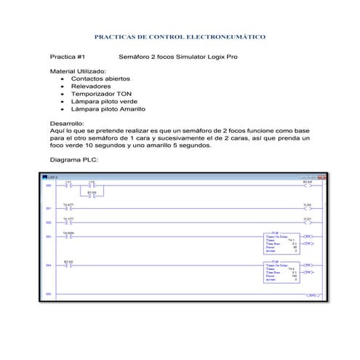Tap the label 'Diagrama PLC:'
(x=73, y=159)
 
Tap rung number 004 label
(x=49, y=265)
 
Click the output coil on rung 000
(x=308, y=185)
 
